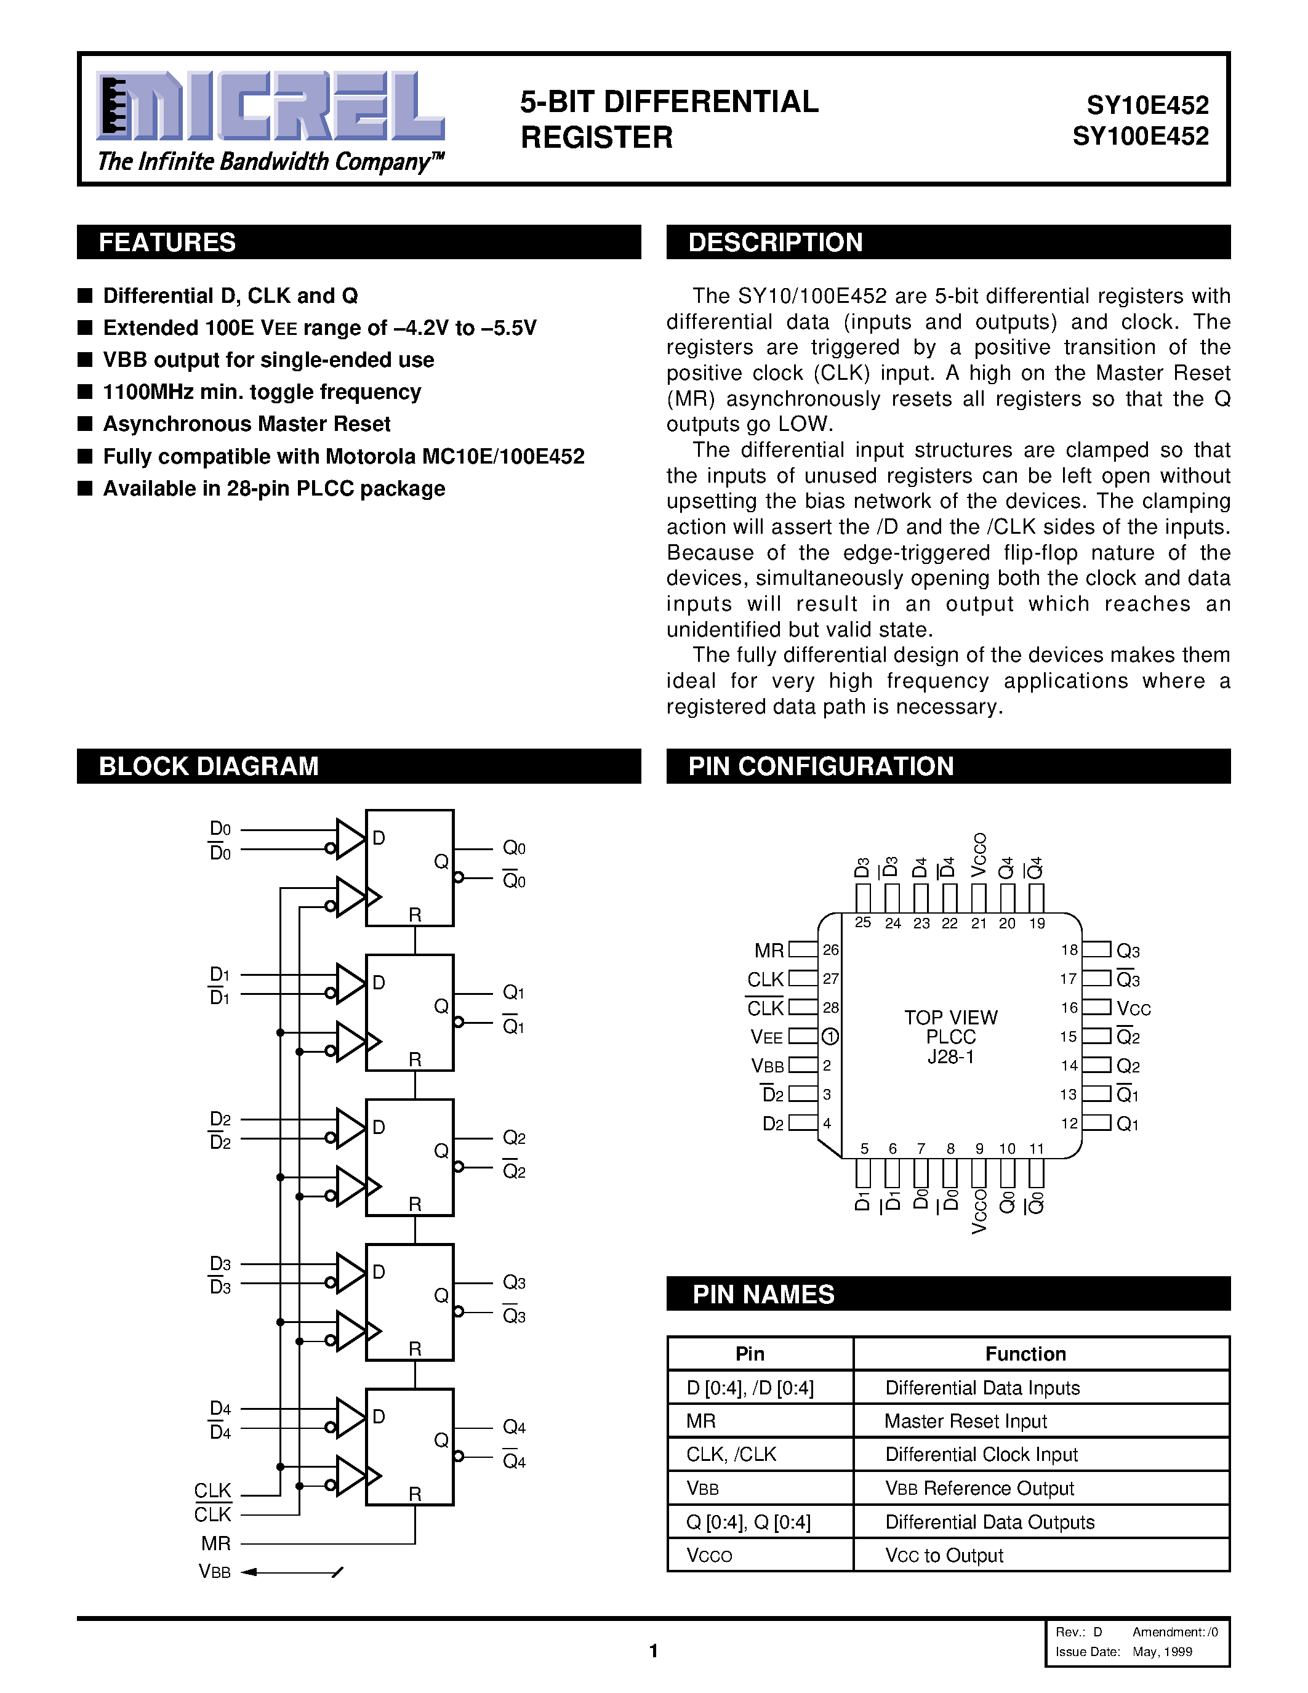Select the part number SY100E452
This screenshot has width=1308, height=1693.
1140,137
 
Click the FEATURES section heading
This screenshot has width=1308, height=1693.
167,243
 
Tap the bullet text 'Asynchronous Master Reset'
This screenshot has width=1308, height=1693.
246,424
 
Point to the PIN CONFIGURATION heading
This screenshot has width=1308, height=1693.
821,766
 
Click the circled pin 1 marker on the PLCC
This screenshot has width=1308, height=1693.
829,1036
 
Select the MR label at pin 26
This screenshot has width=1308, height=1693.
769,951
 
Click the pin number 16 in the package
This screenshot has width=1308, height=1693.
1069,1008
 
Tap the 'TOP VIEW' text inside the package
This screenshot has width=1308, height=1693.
951,1017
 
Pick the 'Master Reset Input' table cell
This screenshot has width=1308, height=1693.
966,1421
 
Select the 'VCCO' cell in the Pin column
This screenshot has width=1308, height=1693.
709,1556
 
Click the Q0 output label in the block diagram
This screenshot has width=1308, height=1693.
514,848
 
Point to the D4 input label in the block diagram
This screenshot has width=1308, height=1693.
220,1409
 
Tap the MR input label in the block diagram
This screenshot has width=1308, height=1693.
215,1543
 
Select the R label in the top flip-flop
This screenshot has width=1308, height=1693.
415,915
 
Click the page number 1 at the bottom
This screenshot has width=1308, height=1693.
653,1651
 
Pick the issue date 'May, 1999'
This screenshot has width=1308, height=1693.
1162,1651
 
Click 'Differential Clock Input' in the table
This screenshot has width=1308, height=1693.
981,1454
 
